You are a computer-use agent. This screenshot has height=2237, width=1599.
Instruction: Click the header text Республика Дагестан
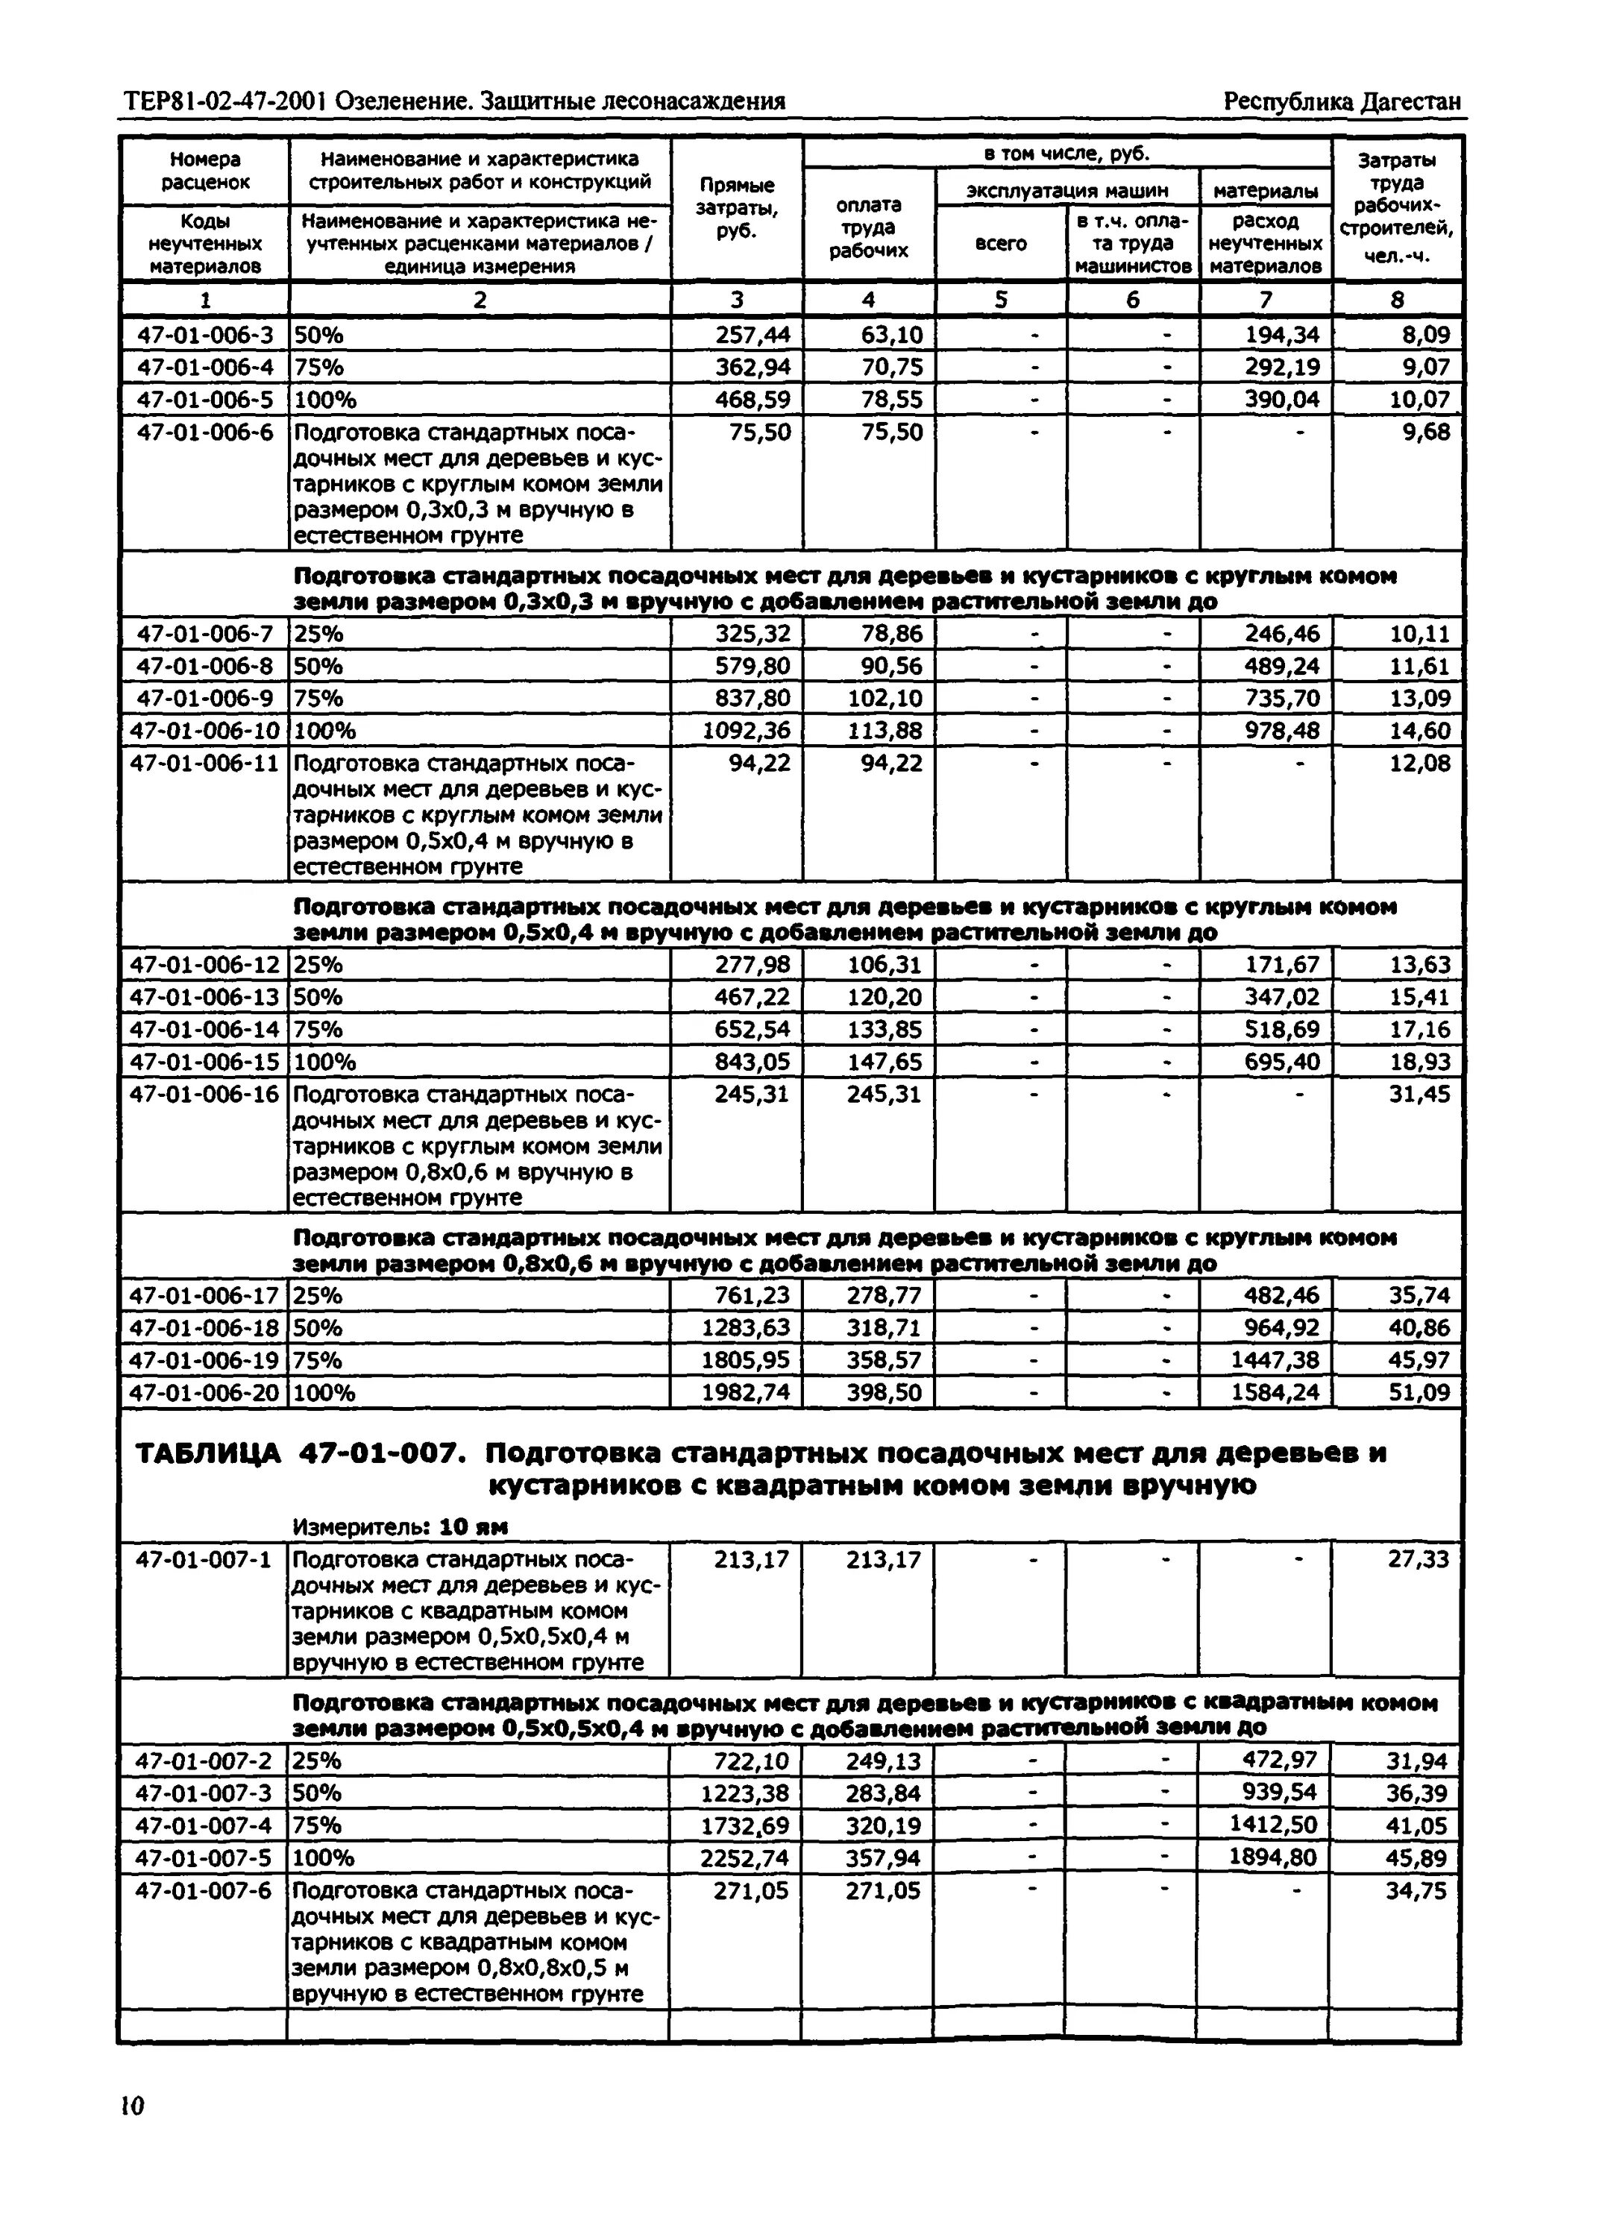pyautogui.click(x=1341, y=101)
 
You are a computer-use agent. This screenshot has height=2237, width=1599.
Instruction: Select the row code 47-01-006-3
pyautogui.click(x=205, y=336)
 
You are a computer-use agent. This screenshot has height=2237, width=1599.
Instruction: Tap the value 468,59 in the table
pyautogui.click(x=753, y=400)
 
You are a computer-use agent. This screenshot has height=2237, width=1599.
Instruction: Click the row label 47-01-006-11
pyautogui.click(x=205, y=764)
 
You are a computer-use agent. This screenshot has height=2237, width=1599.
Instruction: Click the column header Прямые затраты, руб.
pyautogui.click(x=737, y=207)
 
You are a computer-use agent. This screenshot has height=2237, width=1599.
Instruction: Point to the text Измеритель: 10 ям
pyautogui.click(x=400, y=1526)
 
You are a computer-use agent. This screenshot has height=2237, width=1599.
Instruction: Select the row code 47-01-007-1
pyautogui.click(x=203, y=1560)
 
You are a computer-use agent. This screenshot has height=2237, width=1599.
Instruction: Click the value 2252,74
pyautogui.click(x=744, y=1858)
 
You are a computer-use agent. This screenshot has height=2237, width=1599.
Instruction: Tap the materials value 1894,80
pyautogui.click(x=1272, y=1858)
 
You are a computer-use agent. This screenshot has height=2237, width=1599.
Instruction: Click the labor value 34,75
pyautogui.click(x=1418, y=1890)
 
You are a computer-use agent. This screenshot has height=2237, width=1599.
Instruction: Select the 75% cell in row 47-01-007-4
pyautogui.click(x=317, y=1825)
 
